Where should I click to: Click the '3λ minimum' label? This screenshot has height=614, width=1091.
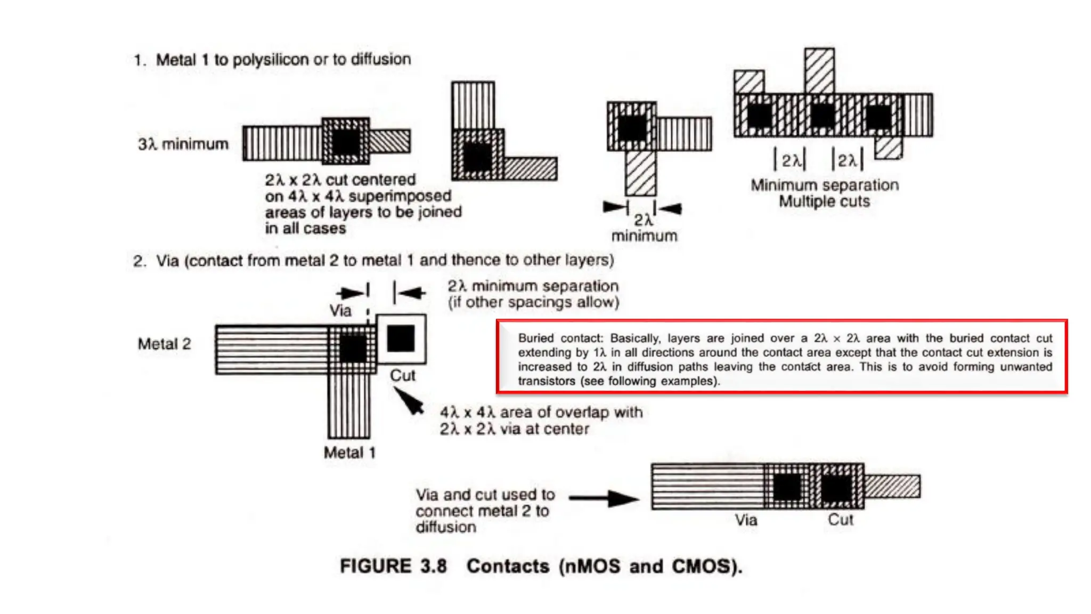pos(183,144)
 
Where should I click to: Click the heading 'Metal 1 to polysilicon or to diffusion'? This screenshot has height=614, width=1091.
pos(283,59)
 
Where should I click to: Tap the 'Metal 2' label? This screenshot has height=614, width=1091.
pos(164,344)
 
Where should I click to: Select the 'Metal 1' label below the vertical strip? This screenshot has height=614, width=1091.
pos(349,453)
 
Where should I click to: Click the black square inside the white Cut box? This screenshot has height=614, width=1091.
pos(401,338)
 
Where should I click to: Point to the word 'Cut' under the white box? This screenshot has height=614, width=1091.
pos(402,375)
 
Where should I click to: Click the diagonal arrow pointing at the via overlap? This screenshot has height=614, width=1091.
pos(409,401)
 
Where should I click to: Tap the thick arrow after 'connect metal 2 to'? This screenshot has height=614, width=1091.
pos(604,498)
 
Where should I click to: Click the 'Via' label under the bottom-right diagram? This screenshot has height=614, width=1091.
pos(746,520)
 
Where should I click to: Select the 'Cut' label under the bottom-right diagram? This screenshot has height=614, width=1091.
pos(840,520)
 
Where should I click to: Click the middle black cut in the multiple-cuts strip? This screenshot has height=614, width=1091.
pos(822,116)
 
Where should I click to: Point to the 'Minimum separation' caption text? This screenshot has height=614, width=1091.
pos(824,185)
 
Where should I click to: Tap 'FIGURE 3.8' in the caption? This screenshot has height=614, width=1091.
pos(393,565)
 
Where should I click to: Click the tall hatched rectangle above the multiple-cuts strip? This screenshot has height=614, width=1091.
pos(819,70)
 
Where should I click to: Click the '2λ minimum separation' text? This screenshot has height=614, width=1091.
pos(533,286)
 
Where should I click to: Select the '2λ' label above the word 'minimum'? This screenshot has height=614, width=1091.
pos(642,220)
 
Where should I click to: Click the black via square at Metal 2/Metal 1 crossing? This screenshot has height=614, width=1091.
pos(353,349)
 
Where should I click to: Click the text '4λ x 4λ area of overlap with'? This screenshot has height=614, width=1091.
pos(541,412)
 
